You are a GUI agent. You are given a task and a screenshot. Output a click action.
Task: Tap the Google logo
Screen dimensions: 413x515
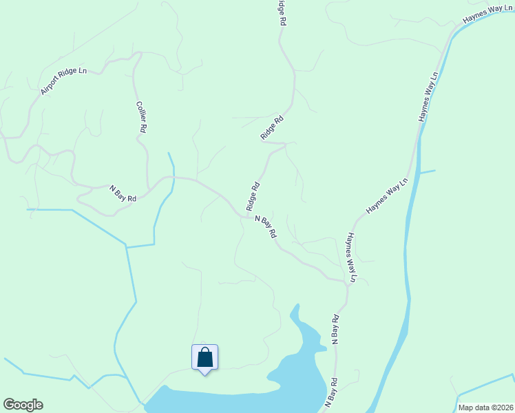(x=23, y=405)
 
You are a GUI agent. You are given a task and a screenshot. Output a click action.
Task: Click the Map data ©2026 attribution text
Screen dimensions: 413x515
(x=485, y=407)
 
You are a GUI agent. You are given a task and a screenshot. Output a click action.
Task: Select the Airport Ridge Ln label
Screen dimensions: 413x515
(x=64, y=81)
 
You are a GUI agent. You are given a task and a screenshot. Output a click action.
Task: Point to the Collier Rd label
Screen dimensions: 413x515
(x=142, y=118)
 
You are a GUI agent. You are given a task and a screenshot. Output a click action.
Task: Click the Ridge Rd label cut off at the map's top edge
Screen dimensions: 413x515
(x=281, y=12)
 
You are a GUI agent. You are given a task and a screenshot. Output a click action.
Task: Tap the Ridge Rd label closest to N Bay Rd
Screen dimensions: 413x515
(x=253, y=196)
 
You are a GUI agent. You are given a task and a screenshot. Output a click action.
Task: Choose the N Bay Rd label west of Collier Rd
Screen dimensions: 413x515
(x=123, y=193)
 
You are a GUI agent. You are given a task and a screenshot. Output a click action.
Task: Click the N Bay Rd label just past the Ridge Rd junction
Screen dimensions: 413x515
(x=266, y=227)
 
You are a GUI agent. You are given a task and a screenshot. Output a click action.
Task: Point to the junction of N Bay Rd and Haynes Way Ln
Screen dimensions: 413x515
(x=347, y=280)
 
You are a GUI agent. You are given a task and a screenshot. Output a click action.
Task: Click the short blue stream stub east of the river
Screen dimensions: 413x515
(x=427, y=171)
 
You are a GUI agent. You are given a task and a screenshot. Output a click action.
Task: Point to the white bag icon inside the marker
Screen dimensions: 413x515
(x=204, y=358)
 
